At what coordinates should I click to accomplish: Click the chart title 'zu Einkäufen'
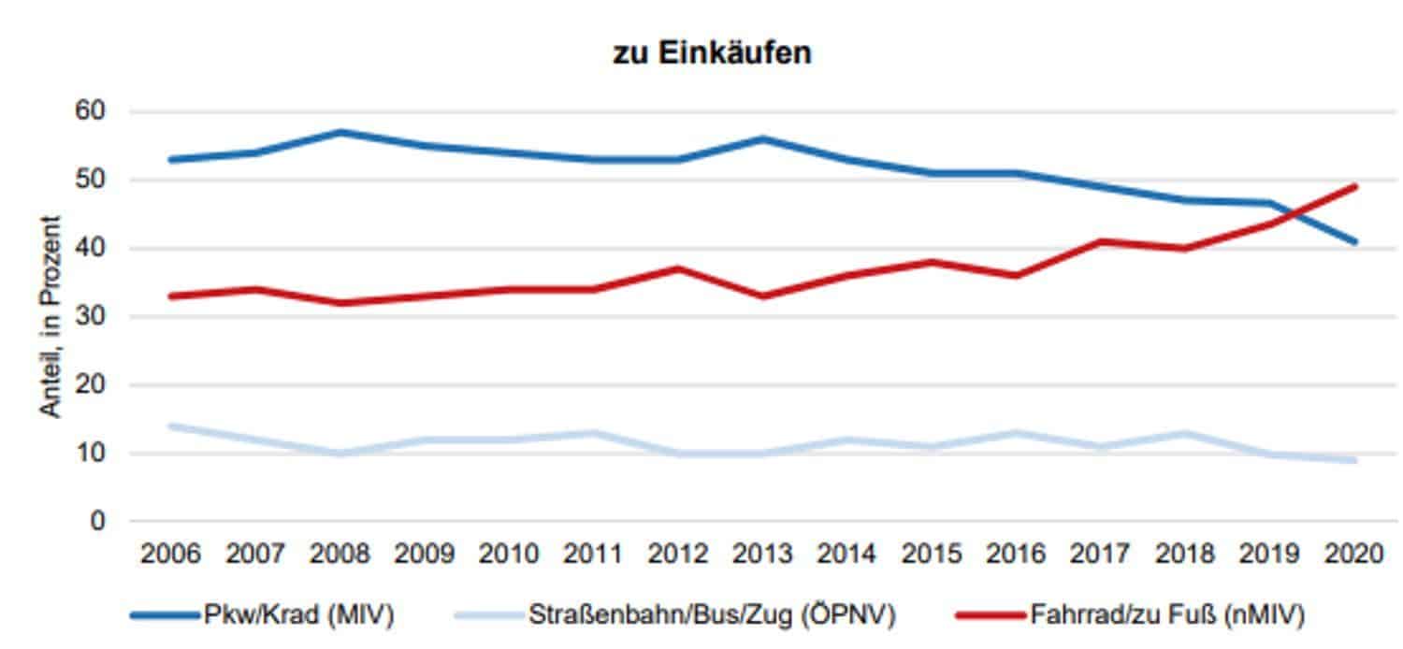coord(712,53)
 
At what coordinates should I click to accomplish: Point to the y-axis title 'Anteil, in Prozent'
coord(51,317)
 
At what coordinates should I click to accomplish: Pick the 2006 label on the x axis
coord(170,555)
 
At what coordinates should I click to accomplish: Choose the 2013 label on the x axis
coord(762,555)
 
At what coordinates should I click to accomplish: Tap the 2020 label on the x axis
coord(1354,555)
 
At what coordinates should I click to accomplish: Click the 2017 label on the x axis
coord(1101,555)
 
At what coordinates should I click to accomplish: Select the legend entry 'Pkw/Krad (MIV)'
coord(297,615)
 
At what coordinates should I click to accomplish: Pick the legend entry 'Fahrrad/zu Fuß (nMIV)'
coord(1167,615)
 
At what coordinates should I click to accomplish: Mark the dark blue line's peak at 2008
coord(340,132)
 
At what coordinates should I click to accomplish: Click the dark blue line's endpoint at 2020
coord(1354,241)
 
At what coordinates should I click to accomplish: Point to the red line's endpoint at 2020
coord(1354,186)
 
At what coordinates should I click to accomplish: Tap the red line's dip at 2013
coord(762,296)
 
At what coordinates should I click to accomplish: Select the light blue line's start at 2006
coord(170,425)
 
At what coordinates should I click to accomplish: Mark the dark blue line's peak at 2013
coord(762,138)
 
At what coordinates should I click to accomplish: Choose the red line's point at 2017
coord(1101,241)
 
